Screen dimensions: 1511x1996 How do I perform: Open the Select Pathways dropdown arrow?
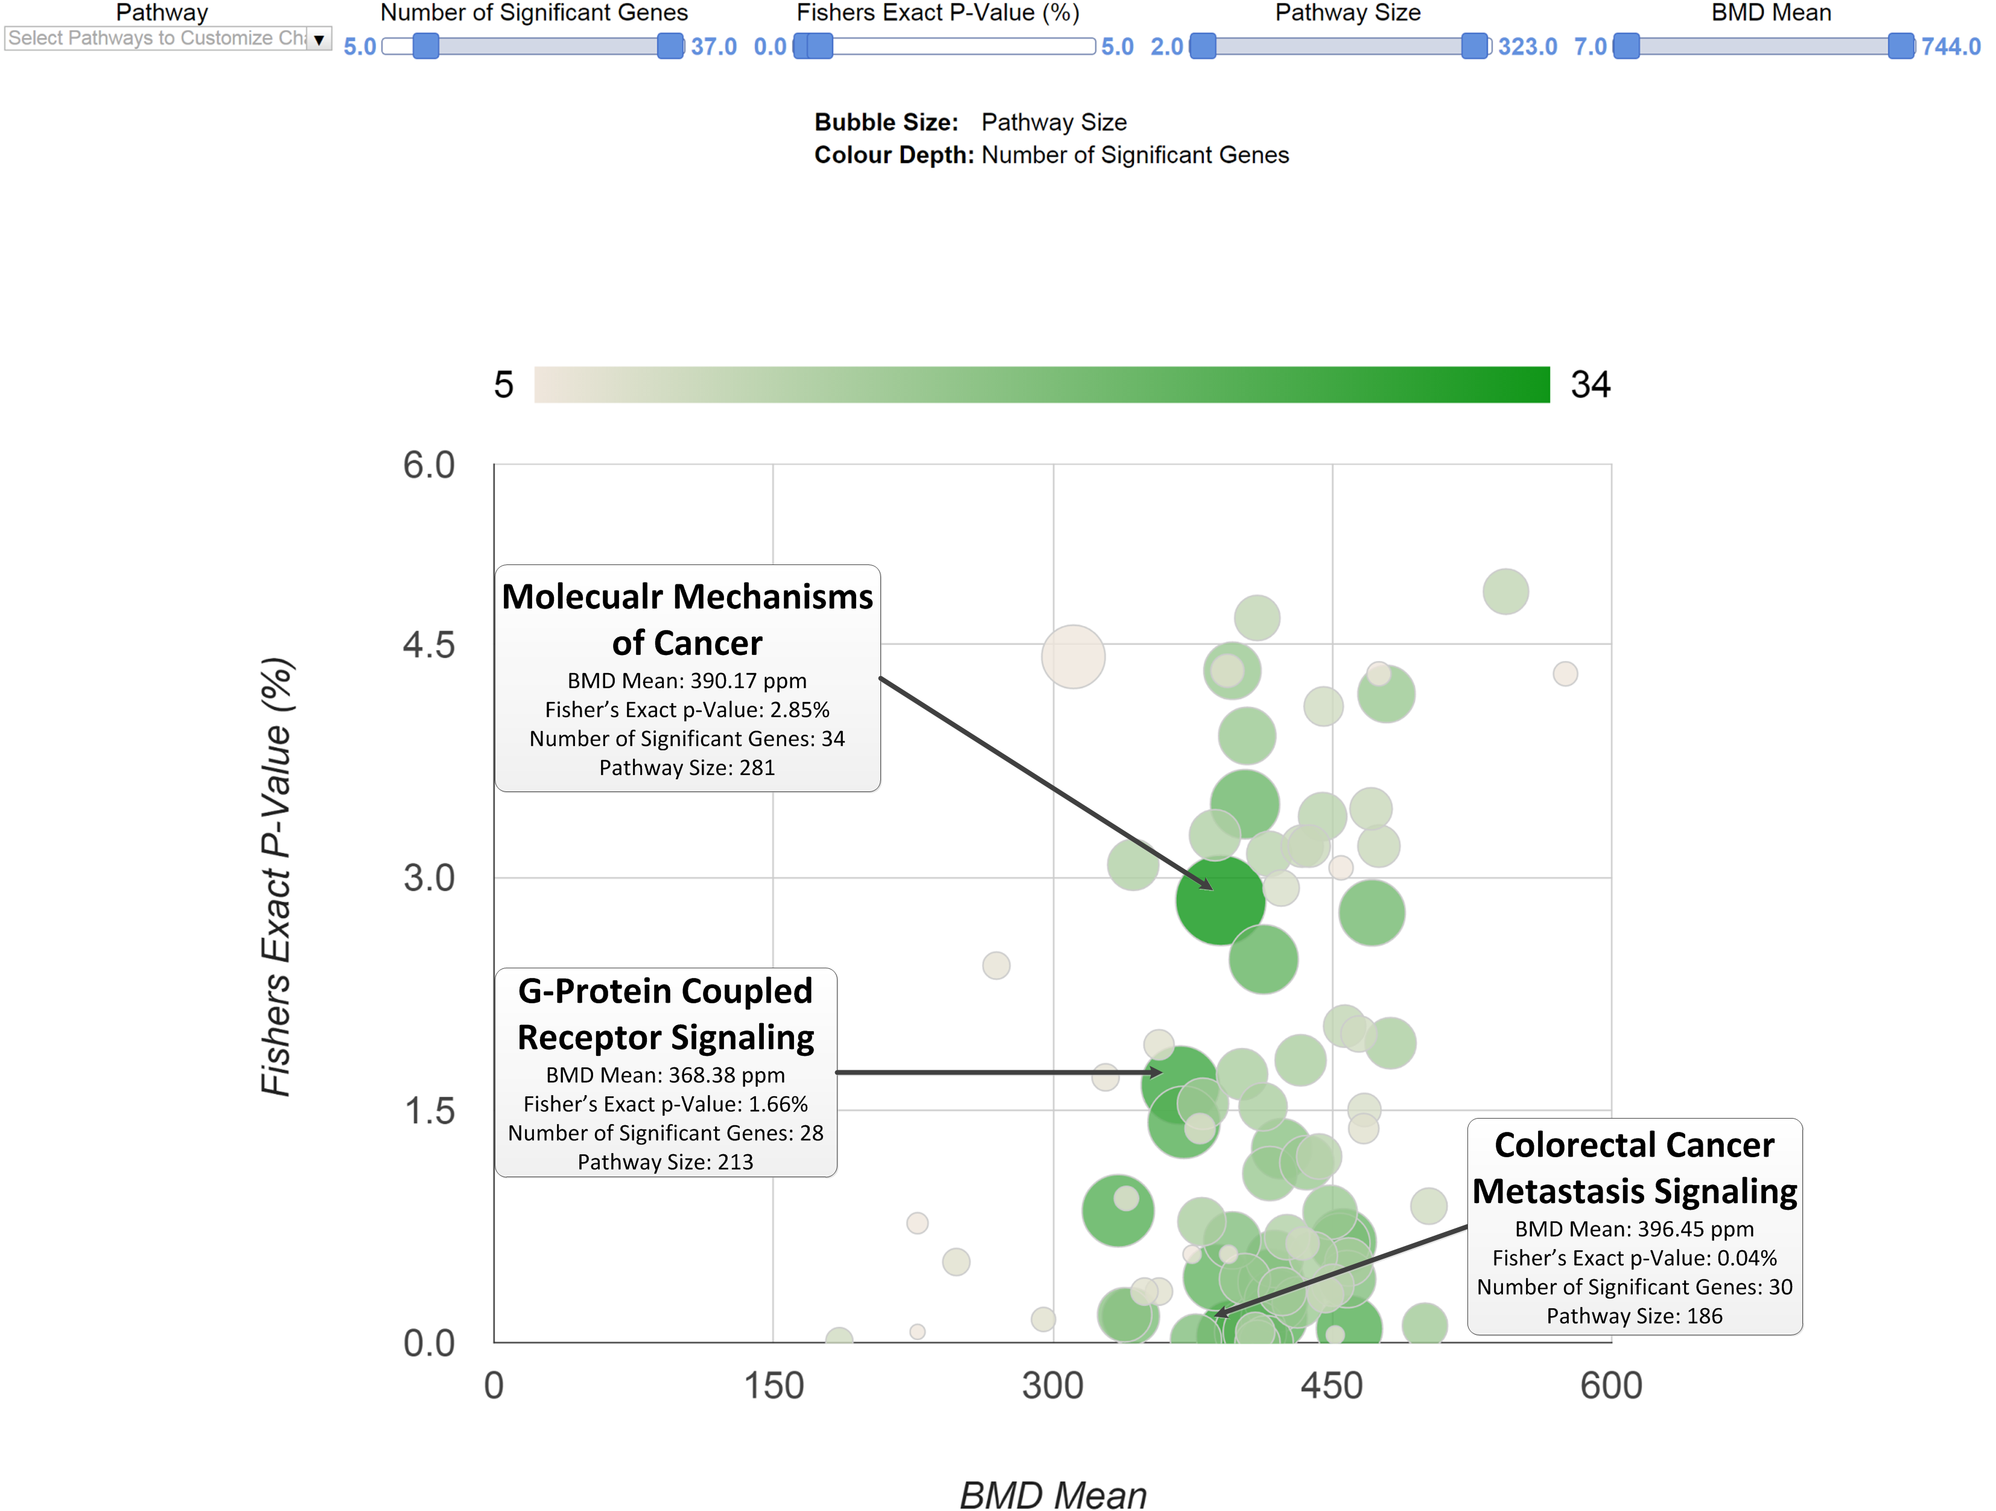(319, 39)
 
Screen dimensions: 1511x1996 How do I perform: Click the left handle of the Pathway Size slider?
(1202, 46)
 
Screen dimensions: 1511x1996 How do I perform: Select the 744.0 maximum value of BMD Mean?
(1950, 46)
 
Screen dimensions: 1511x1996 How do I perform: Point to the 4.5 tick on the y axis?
(428, 645)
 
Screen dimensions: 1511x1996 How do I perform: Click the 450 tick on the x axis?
(1331, 1385)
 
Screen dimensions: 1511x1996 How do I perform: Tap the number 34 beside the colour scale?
(1590, 385)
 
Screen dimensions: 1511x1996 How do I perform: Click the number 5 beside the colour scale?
(503, 385)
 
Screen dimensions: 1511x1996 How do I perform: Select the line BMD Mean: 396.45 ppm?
(1633, 1228)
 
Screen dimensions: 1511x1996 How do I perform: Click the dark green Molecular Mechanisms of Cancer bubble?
(1220, 901)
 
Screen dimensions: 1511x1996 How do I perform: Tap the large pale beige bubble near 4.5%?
(1073, 656)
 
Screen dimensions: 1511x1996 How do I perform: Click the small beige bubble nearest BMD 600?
(1565, 673)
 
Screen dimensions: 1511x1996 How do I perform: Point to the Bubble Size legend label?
(885, 122)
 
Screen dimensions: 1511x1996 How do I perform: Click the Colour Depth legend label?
(894, 155)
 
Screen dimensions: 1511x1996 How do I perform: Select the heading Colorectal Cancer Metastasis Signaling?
(1633, 1168)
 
